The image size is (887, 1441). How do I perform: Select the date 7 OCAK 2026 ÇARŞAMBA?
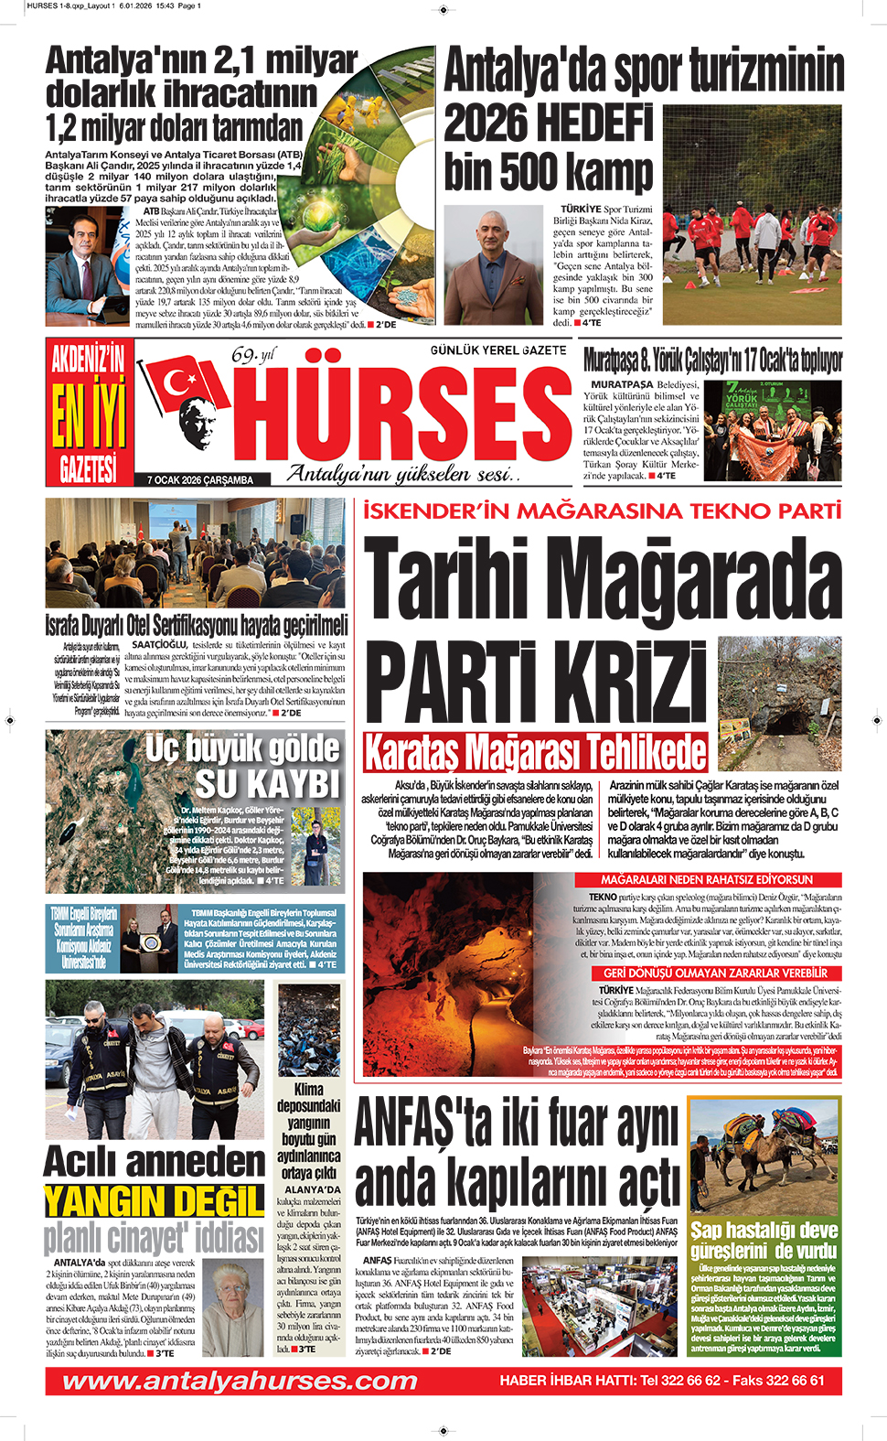tap(200, 479)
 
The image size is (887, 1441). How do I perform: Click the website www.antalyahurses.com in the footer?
tap(240, 1381)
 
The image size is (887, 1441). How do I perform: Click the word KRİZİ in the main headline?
tap(537, 683)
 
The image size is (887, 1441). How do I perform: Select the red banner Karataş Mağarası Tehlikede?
tap(535, 752)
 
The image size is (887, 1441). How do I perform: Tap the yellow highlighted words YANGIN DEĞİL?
tap(155, 1200)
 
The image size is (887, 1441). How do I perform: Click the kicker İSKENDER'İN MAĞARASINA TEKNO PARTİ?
tap(602, 511)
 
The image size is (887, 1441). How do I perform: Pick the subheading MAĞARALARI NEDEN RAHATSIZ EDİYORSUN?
tap(707, 879)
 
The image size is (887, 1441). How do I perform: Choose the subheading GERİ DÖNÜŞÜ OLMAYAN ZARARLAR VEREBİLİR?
tap(715, 973)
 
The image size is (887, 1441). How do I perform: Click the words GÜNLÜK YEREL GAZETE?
tap(498, 350)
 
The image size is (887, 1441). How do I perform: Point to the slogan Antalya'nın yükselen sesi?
tap(402, 473)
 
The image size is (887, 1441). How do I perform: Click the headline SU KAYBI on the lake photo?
tap(267, 784)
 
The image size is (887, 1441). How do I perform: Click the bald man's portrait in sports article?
tap(493, 264)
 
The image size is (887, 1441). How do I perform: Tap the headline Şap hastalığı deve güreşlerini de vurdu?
tap(764, 1240)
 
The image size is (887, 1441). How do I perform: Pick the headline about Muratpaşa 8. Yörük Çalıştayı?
tap(712, 360)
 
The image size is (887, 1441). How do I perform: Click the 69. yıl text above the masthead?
tap(252, 355)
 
